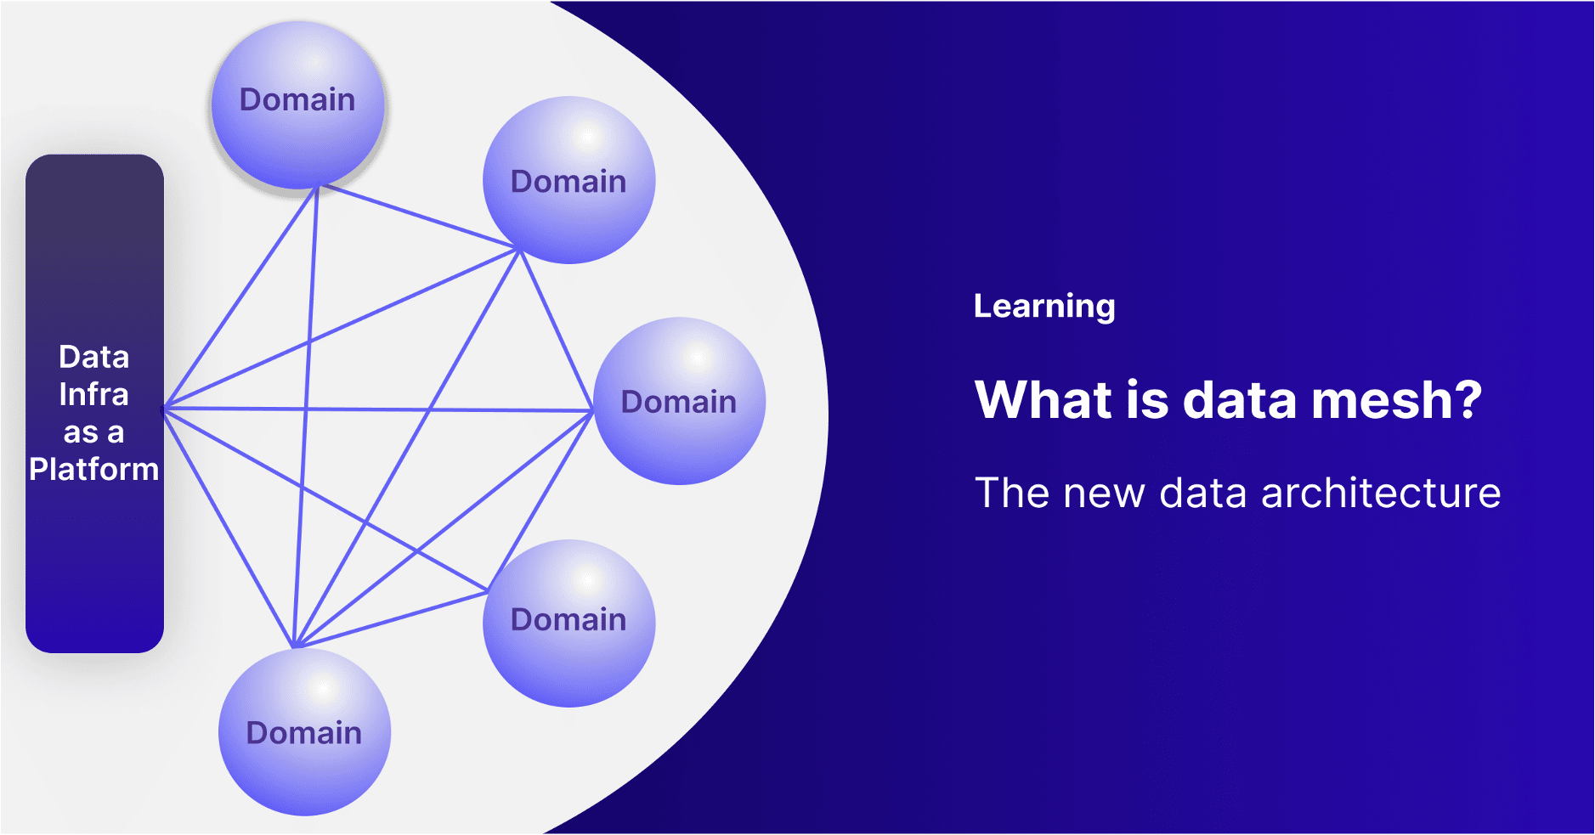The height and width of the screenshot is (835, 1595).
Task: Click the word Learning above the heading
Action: pos(1044,307)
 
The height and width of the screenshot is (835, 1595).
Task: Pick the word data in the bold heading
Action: pos(1240,400)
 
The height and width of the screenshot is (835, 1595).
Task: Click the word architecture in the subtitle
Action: pos(1381,494)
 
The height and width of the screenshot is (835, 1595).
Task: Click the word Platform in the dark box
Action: pos(94,470)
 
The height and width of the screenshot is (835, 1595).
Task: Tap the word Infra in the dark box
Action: pos(94,395)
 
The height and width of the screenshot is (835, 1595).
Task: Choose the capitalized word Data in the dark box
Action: pos(94,358)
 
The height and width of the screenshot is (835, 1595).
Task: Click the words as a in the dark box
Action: pos(94,432)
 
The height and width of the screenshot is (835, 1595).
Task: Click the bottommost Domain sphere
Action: pos(304,732)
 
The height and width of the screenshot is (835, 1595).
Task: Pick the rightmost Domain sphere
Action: pos(679,401)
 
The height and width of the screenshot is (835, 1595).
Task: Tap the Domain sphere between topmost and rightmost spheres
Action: pos(568,180)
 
